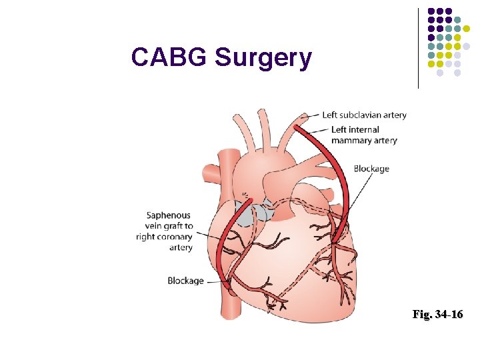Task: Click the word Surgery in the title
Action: click(263, 59)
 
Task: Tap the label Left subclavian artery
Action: click(364, 115)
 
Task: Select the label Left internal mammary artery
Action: click(363, 135)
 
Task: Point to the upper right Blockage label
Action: click(371, 169)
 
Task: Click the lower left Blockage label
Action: click(186, 281)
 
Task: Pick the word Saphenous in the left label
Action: click(169, 215)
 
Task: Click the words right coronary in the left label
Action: click(164, 237)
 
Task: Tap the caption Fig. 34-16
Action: click(437, 314)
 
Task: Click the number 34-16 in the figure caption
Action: click(447, 314)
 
